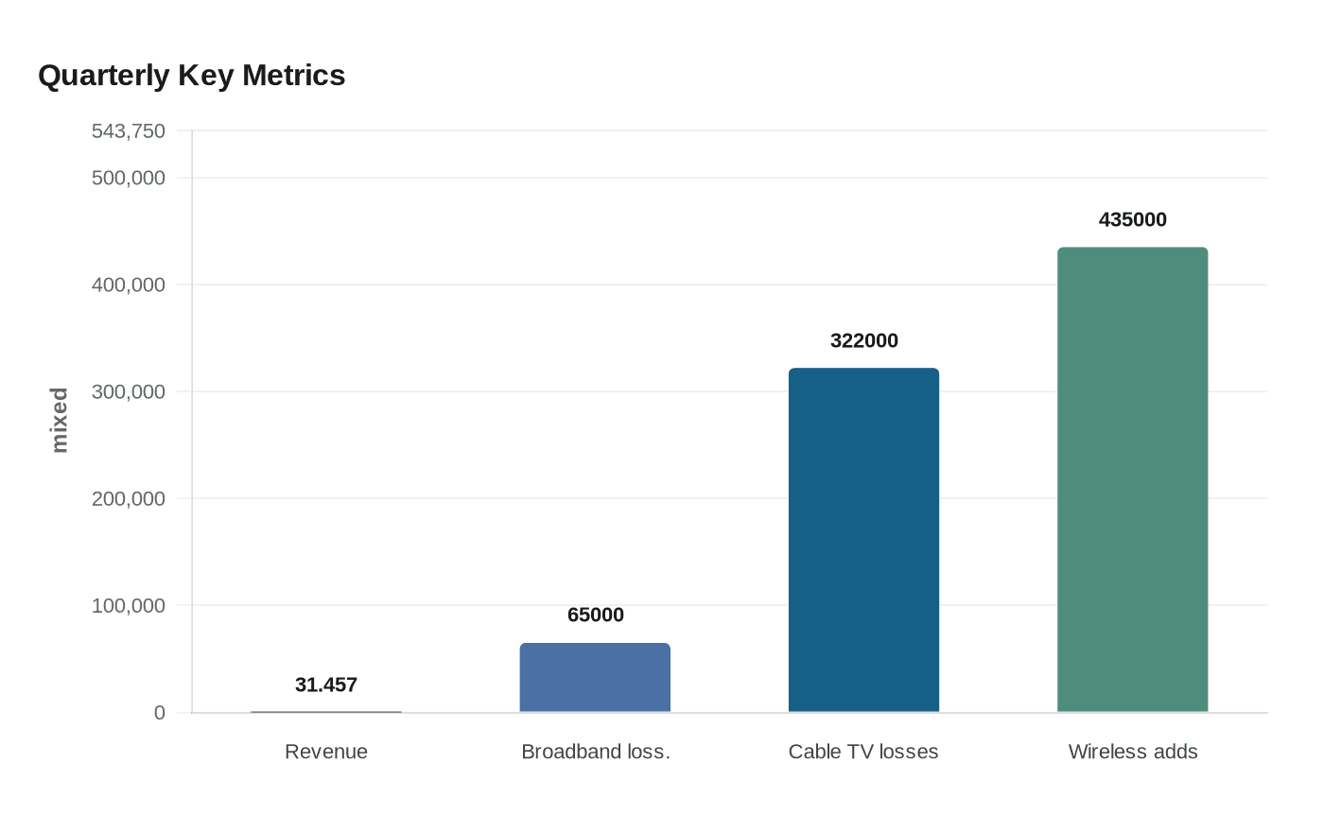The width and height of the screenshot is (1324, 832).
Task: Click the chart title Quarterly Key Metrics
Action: [191, 76]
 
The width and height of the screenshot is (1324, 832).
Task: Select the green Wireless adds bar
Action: [1132, 479]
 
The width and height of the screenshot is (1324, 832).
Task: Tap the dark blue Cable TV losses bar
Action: [863, 540]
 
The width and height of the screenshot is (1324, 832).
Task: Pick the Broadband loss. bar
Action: [595, 677]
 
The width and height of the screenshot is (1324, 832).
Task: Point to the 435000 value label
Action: [1132, 219]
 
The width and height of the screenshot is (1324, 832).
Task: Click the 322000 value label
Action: [863, 340]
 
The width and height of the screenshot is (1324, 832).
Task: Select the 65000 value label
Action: [595, 615]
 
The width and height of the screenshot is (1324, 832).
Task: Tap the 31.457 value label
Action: [325, 685]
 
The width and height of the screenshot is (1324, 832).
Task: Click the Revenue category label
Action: [325, 752]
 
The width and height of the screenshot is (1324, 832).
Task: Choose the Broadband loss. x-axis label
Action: [595, 752]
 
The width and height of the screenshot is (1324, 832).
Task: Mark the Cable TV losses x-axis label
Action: [863, 752]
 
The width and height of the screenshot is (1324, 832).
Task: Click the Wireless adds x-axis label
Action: [1132, 752]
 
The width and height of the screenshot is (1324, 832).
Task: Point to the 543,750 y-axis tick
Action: [128, 131]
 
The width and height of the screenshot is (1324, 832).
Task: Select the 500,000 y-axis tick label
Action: [128, 178]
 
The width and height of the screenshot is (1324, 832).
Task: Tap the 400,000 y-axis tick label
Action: [128, 285]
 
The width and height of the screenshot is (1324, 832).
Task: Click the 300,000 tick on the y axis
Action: [128, 391]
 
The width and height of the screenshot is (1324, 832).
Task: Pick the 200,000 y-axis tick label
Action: [128, 498]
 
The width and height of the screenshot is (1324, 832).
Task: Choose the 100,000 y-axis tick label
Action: [128, 605]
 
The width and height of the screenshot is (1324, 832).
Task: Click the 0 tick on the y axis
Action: [160, 713]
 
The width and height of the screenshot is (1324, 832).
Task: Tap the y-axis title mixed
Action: [60, 420]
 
